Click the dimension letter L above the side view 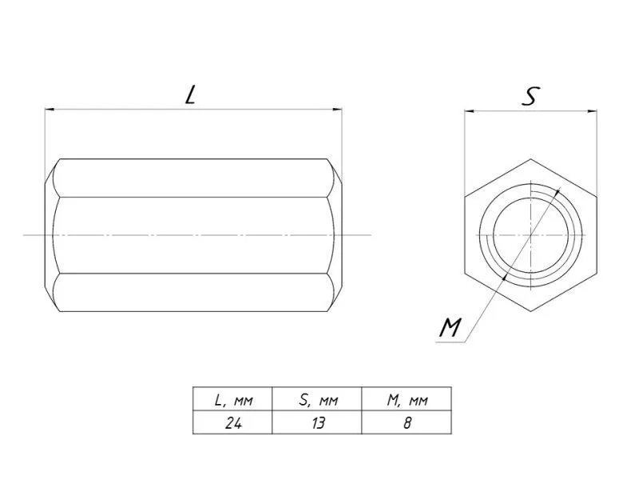[x=190, y=95]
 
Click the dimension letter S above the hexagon [x=530, y=96]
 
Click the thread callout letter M [x=450, y=328]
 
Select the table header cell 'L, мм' [x=232, y=398]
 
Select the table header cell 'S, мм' [x=317, y=398]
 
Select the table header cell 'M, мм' [x=407, y=398]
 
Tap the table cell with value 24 [x=232, y=422]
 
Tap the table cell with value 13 [x=317, y=422]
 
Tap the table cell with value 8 [x=407, y=422]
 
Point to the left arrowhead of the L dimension [x=49, y=110]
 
